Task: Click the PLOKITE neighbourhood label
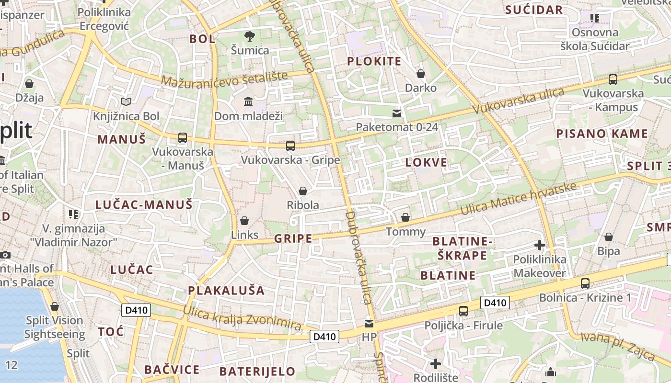pyautogui.click(x=374, y=61)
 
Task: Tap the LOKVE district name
pyautogui.click(x=426, y=162)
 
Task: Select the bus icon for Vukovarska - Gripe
pyautogui.click(x=290, y=146)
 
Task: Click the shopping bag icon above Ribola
pyautogui.click(x=303, y=191)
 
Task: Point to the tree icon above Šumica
pyautogui.click(x=249, y=36)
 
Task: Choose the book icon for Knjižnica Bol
pyautogui.click(x=126, y=102)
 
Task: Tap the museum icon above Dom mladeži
pyautogui.click(x=248, y=102)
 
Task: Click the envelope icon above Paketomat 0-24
pyautogui.click(x=397, y=113)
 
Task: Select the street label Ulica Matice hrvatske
pyautogui.click(x=518, y=199)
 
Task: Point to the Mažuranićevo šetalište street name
pyautogui.click(x=224, y=79)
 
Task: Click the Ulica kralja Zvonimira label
pyautogui.click(x=242, y=317)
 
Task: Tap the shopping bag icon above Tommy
pyautogui.click(x=405, y=218)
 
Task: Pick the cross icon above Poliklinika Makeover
pyautogui.click(x=540, y=245)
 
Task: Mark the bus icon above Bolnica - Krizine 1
pyautogui.click(x=585, y=283)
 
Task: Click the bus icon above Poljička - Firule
pyautogui.click(x=463, y=311)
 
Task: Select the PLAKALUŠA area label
pyautogui.click(x=226, y=291)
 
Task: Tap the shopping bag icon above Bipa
pyautogui.click(x=609, y=237)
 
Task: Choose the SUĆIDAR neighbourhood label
pyautogui.click(x=534, y=10)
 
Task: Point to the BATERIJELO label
pyautogui.click(x=257, y=372)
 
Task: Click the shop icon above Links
pyautogui.click(x=244, y=221)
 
